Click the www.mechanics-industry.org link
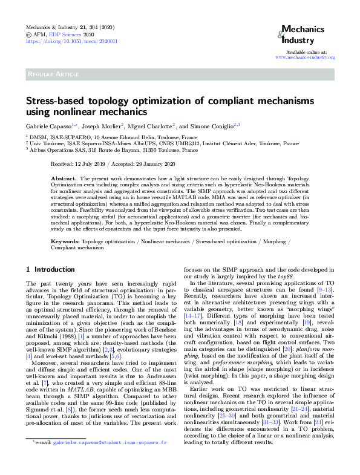tap(305, 57)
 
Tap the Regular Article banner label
tap(52, 74)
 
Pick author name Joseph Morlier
tap(102, 125)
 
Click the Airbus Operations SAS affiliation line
tap(113, 149)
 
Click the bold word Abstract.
tap(63, 179)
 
